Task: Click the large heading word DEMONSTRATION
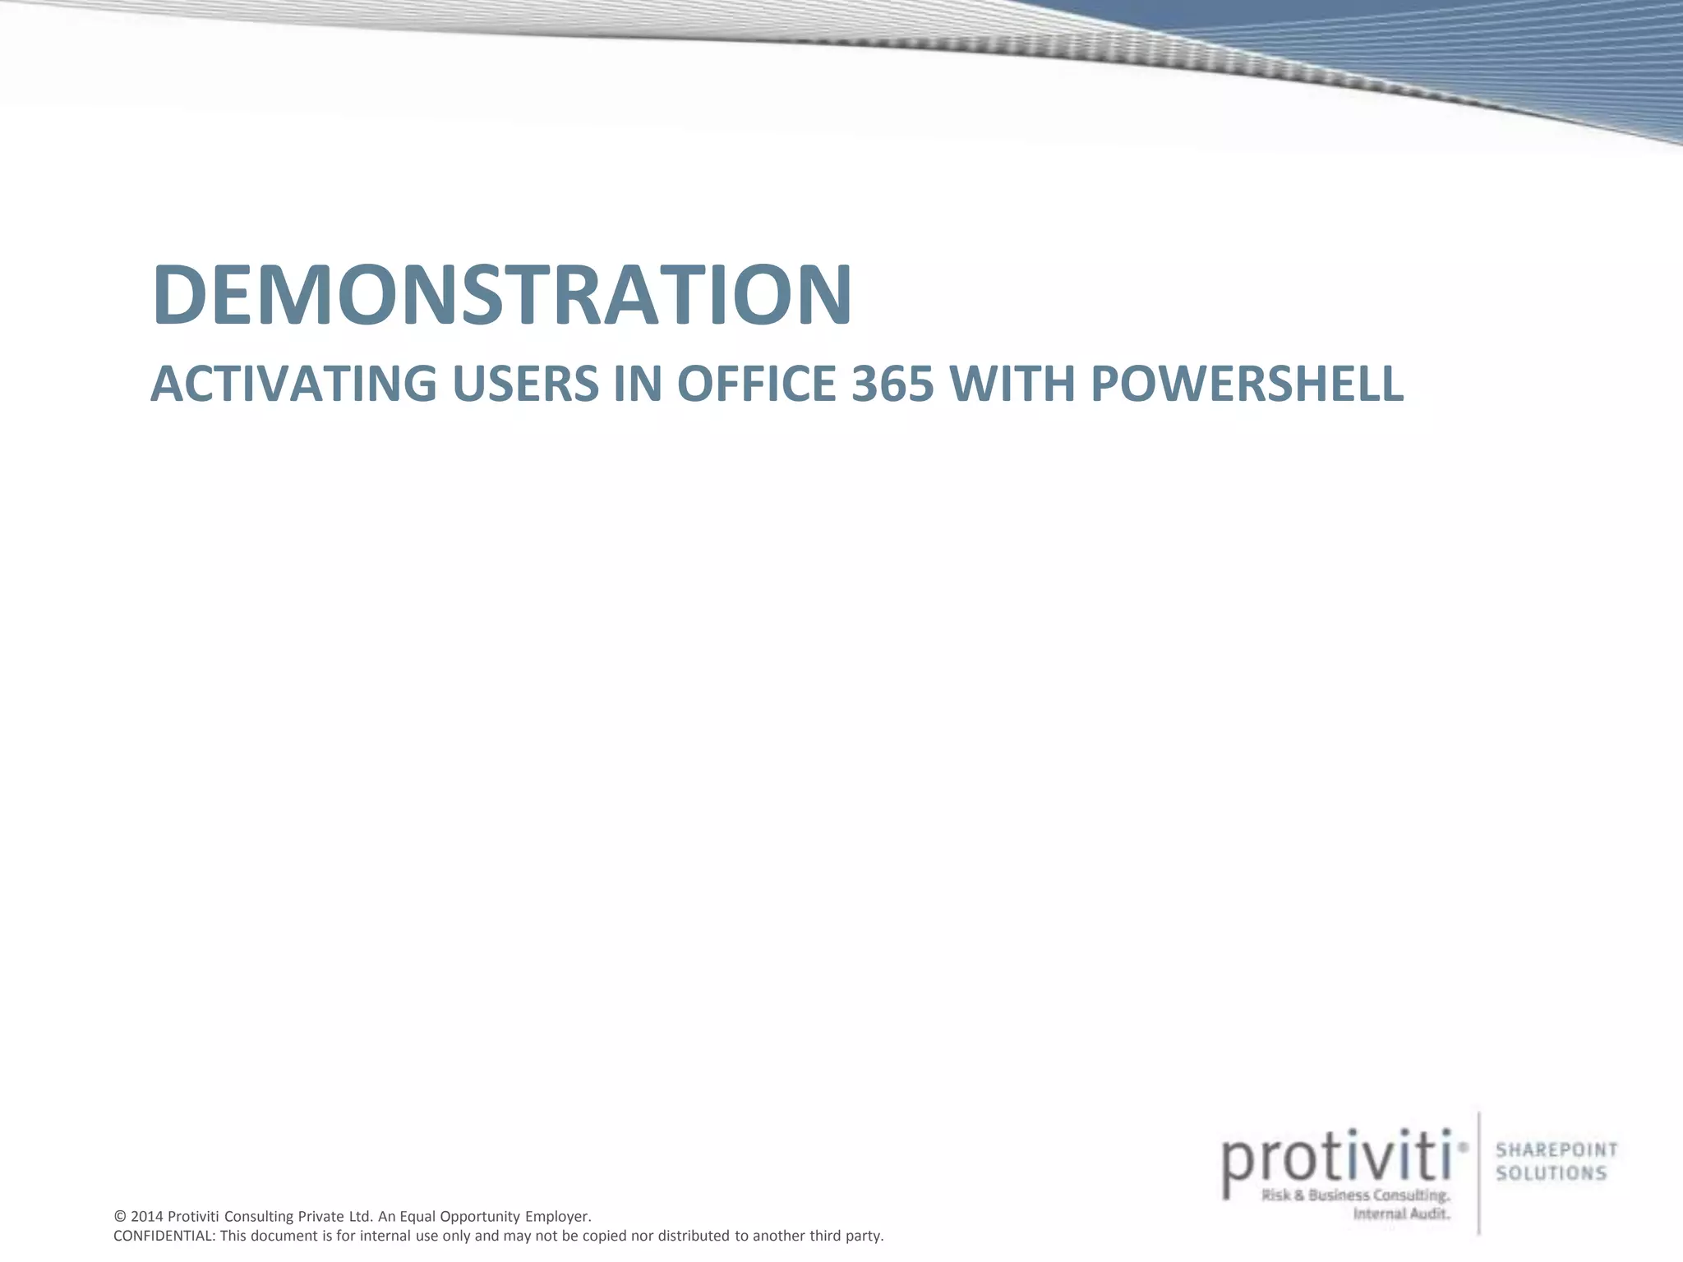coord(501,294)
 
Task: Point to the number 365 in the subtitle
coord(892,384)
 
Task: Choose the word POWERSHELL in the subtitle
coord(1247,384)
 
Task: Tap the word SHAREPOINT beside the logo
coord(1556,1150)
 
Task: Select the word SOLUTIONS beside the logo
coord(1551,1173)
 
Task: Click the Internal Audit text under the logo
coord(1401,1214)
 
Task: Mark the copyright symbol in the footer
coord(120,1216)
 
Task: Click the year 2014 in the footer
coord(147,1216)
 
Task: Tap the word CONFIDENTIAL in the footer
coord(164,1236)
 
